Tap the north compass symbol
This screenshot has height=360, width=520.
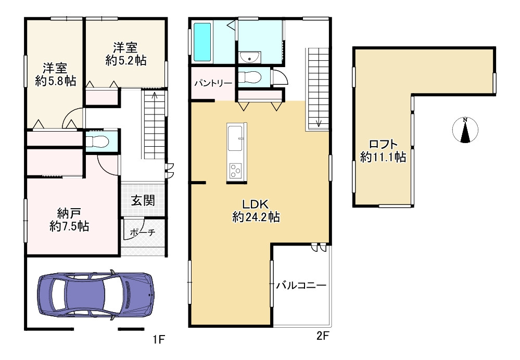(465, 130)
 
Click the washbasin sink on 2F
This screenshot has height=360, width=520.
(249, 57)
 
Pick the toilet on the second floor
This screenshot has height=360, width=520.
(250, 78)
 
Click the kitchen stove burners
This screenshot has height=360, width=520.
(235, 171)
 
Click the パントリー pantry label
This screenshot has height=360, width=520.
(213, 83)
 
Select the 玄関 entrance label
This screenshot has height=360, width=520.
(143, 200)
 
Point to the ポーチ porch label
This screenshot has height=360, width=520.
(143, 233)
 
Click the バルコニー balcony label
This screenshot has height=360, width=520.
(301, 285)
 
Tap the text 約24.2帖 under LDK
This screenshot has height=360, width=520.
(256, 217)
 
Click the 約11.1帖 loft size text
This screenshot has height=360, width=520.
(383, 157)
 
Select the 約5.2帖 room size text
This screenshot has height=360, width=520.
(126, 60)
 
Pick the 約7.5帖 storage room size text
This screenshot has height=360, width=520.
(69, 226)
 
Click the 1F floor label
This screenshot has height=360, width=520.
(159, 340)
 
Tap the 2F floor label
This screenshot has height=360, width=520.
(322, 337)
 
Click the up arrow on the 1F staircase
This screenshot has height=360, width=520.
(155, 96)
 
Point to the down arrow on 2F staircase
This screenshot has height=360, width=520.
(319, 123)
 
